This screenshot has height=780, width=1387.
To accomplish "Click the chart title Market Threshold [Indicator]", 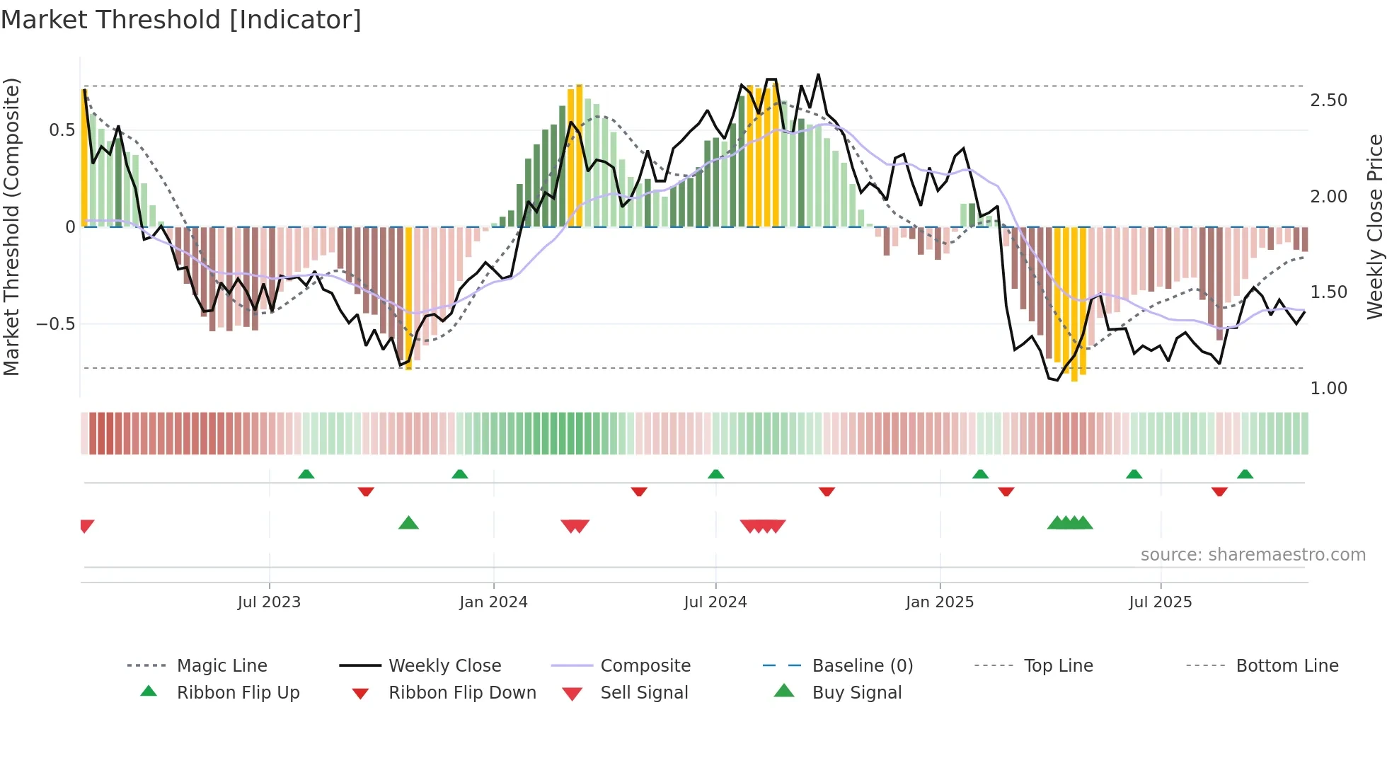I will click(x=181, y=20).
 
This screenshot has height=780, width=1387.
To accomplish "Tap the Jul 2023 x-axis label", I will click(x=269, y=602).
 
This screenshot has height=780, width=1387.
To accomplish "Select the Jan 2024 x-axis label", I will click(x=493, y=602).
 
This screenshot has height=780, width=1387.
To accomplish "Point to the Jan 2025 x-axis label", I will click(x=940, y=602).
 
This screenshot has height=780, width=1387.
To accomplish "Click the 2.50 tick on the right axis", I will click(x=1328, y=101).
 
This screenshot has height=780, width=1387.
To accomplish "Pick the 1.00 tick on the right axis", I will click(x=1328, y=389).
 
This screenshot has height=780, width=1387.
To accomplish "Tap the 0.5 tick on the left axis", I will click(x=62, y=130).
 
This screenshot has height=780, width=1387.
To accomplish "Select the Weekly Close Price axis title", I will click(x=1374, y=226).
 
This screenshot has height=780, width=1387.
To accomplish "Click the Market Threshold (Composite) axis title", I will click(x=11, y=226).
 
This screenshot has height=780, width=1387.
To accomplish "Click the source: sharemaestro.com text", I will click(x=1253, y=555).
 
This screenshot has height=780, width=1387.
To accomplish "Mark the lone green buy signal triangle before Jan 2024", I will click(x=408, y=523).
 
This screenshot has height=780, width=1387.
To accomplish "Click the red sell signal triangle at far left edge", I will click(x=86, y=525).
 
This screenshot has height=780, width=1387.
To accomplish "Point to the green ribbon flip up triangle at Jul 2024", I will click(x=715, y=474).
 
